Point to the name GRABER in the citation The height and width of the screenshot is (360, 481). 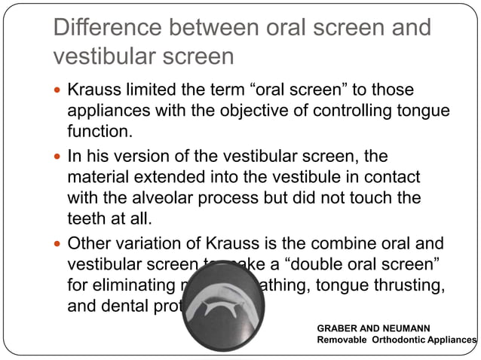(x=339, y=328)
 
